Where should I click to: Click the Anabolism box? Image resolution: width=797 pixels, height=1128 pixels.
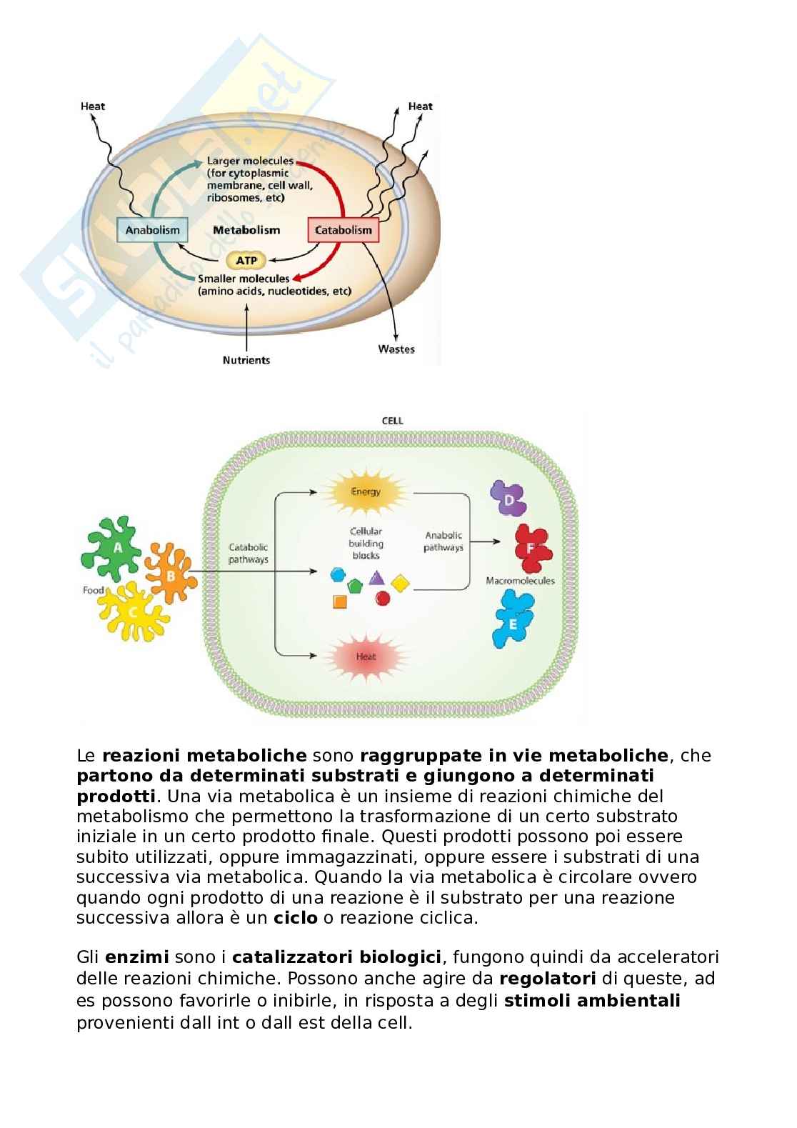(x=152, y=230)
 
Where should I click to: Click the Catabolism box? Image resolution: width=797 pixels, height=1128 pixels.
(x=343, y=230)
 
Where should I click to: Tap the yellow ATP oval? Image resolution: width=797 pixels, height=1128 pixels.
(x=246, y=261)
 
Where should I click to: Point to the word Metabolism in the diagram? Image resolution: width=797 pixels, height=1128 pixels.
(x=246, y=230)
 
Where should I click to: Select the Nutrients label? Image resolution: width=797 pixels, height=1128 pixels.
(x=246, y=360)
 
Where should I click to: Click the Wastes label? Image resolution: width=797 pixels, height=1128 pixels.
(x=396, y=349)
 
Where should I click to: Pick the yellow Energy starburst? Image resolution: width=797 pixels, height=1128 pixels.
(x=366, y=491)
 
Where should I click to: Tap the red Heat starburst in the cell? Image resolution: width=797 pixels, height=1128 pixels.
(x=366, y=657)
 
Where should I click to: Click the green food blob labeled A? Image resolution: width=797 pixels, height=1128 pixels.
(x=114, y=548)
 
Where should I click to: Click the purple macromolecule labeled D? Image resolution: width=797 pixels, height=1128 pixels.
(x=508, y=499)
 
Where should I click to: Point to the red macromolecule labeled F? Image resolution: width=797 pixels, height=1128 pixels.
(x=532, y=548)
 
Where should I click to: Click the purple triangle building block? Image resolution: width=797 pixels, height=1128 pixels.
(x=377, y=578)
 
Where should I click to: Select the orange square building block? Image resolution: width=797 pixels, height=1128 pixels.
(x=340, y=602)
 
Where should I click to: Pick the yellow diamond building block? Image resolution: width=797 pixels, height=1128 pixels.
(x=401, y=583)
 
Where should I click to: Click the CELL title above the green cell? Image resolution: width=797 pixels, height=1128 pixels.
(x=393, y=421)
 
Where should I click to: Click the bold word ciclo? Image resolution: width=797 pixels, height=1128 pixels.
(x=295, y=918)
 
